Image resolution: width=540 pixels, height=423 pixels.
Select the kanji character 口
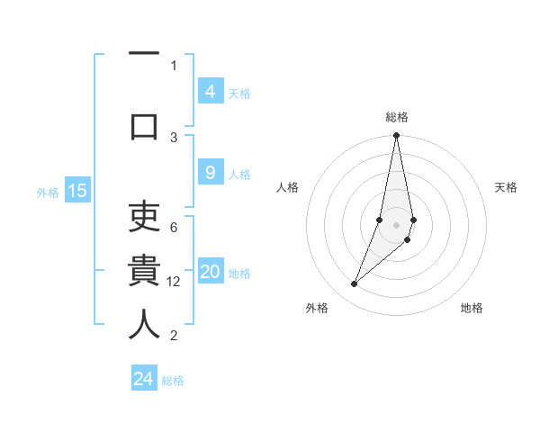pos(144,126)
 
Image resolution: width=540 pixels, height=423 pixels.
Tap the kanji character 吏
pos(144,216)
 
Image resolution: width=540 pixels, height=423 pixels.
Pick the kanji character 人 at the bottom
pos(144,324)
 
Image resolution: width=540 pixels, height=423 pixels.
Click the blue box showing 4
pos(210,91)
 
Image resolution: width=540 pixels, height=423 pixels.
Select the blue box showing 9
pos(210,174)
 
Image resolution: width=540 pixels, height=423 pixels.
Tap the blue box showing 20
pos(210,273)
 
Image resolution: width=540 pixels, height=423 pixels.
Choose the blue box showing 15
pos(77,191)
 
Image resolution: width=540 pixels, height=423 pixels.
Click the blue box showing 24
pos(143,379)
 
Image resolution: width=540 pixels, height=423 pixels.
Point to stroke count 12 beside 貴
pos(174,282)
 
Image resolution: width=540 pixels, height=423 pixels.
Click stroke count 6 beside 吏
pos(174,228)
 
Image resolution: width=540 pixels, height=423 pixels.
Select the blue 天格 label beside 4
pos(239,93)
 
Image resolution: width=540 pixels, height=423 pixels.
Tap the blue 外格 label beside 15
pos(48,192)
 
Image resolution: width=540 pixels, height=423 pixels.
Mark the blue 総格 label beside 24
pos(173,381)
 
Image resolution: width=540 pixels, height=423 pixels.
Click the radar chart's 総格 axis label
pos(397,117)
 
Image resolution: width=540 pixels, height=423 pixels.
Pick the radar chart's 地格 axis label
pos(472,309)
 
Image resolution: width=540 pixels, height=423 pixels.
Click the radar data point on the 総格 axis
pos(396,136)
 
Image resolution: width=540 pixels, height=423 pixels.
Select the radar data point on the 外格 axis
pos(354,284)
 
